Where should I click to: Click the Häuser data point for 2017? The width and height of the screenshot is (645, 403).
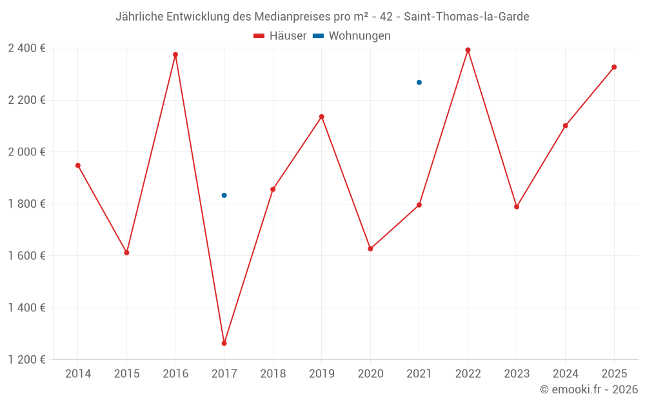tap(224, 343)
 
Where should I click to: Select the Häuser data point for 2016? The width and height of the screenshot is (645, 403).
tap(175, 55)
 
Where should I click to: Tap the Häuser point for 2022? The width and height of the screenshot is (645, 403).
tap(468, 50)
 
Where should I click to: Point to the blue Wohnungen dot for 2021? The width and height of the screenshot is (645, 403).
tap(419, 83)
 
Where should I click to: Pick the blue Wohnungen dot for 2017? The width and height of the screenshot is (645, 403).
tap(224, 195)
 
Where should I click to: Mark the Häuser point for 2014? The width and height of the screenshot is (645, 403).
tap(78, 166)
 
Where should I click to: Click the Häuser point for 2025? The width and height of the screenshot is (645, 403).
tap(614, 67)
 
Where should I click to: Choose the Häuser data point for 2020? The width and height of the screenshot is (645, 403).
tap(370, 249)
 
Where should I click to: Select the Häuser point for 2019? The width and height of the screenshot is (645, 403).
tap(322, 117)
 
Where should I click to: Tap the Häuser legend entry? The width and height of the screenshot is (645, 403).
tap(280, 36)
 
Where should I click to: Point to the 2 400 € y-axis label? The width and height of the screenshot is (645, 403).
tap(26, 48)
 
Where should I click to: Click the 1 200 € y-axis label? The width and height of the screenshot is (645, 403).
tap(26, 360)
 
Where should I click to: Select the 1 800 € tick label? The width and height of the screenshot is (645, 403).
tap(26, 204)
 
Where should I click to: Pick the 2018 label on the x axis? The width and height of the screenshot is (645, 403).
tap(273, 374)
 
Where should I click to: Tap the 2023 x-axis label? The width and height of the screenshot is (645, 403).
tap(517, 374)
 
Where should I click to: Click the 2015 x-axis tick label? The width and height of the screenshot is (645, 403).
tap(126, 374)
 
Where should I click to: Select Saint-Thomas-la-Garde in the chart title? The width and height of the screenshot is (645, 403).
tap(466, 17)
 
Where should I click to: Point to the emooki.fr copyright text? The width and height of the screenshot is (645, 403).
tap(589, 389)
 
